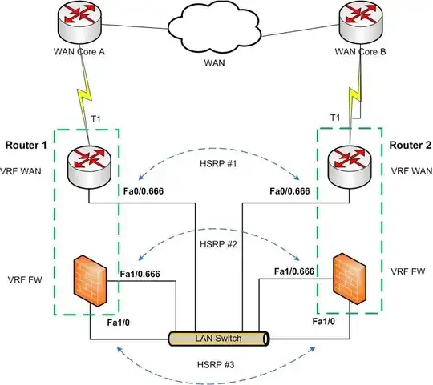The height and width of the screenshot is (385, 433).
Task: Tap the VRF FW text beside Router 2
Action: click(407, 271)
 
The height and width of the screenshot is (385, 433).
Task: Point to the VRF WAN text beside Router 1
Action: click(26, 170)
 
